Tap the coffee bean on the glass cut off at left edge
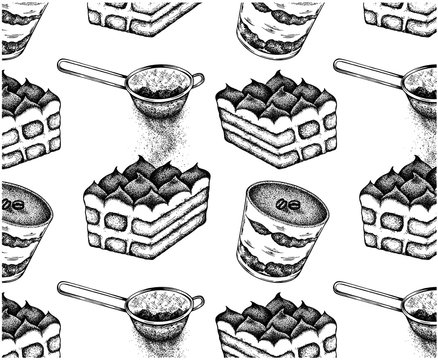point(14,205)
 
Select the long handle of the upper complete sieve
point(95,72)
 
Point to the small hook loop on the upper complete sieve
point(197,79)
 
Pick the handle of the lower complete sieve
point(95,293)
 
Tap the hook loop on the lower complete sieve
point(197,301)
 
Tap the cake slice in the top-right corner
point(400,15)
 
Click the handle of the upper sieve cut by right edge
point(370,72)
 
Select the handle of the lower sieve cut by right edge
point(370,293)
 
